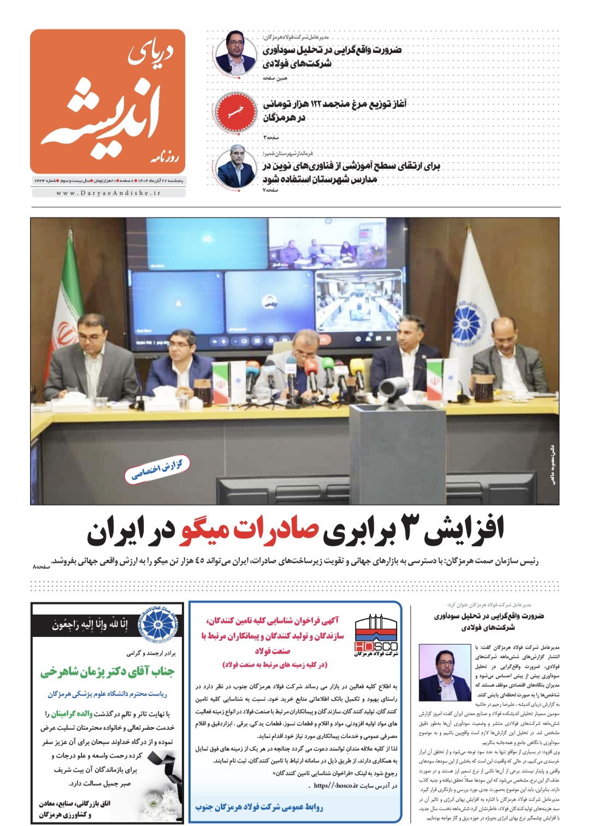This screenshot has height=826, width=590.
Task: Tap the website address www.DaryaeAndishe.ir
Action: (108, 193)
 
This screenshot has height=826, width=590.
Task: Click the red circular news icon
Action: (235, 111)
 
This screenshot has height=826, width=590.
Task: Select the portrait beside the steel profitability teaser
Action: (235, 53)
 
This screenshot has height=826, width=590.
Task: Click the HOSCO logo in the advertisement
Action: (376, 636)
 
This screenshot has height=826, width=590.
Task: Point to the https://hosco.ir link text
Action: (337, 786)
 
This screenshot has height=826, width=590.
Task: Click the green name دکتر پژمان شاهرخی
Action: (108, 672)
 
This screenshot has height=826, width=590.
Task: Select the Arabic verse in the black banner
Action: (90, 623)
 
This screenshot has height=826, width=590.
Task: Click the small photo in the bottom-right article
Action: (445, 672)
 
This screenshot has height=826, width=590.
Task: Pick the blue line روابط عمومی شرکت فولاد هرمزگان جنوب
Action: (259, 806)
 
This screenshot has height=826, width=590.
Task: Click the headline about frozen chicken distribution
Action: (334, 110)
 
